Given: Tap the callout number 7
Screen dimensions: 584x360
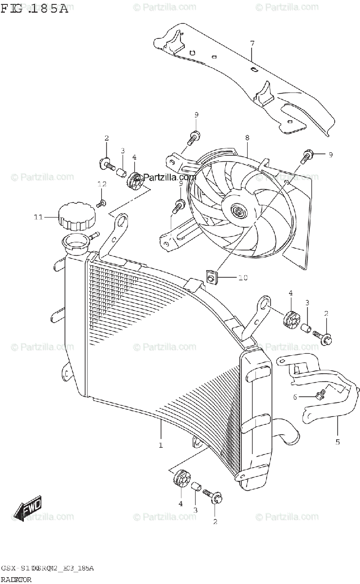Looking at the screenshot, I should click(x=252, y=44).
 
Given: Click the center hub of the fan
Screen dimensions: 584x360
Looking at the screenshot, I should click(x=238, y=212).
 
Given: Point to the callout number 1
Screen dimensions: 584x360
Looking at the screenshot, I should click(x=161, y=445).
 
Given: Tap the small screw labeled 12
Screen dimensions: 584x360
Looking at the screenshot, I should click(x=103, y=201).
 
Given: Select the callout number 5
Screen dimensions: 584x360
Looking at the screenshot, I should click(x=338, y=442).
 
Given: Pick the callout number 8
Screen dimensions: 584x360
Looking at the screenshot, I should click(x=247, y=138).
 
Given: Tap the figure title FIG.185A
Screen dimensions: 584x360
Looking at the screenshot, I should click(x=34, y=9).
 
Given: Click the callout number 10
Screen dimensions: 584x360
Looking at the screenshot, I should click(x=243, y=278).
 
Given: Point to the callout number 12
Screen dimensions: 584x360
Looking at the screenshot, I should click(x=102, y=184).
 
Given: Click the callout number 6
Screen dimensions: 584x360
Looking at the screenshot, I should click(x=295, y=397).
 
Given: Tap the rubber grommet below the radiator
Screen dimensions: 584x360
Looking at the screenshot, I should click(x=181, y=480).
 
